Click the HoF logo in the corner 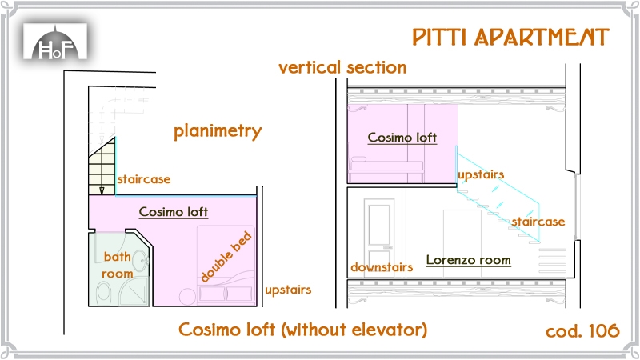tap(55, 42)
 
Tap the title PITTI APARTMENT tap(510, 37)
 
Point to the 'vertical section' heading tap(342, 67)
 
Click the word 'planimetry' tap(218, 131)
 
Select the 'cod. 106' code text tap(582, 330)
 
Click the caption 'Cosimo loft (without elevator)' tap(302, 330)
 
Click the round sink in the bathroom tap(141, 258)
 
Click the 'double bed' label tap(226, 256)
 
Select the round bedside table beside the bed tap(188, 297)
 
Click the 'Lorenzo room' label tap(469, 260)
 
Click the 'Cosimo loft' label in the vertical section tap(402, 138)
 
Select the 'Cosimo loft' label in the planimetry tap(174, 212)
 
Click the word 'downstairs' tap(382, 267)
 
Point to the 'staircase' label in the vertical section tap(538, 222)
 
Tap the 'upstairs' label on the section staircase tap(481, 174)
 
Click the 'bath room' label tap(118, 265)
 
